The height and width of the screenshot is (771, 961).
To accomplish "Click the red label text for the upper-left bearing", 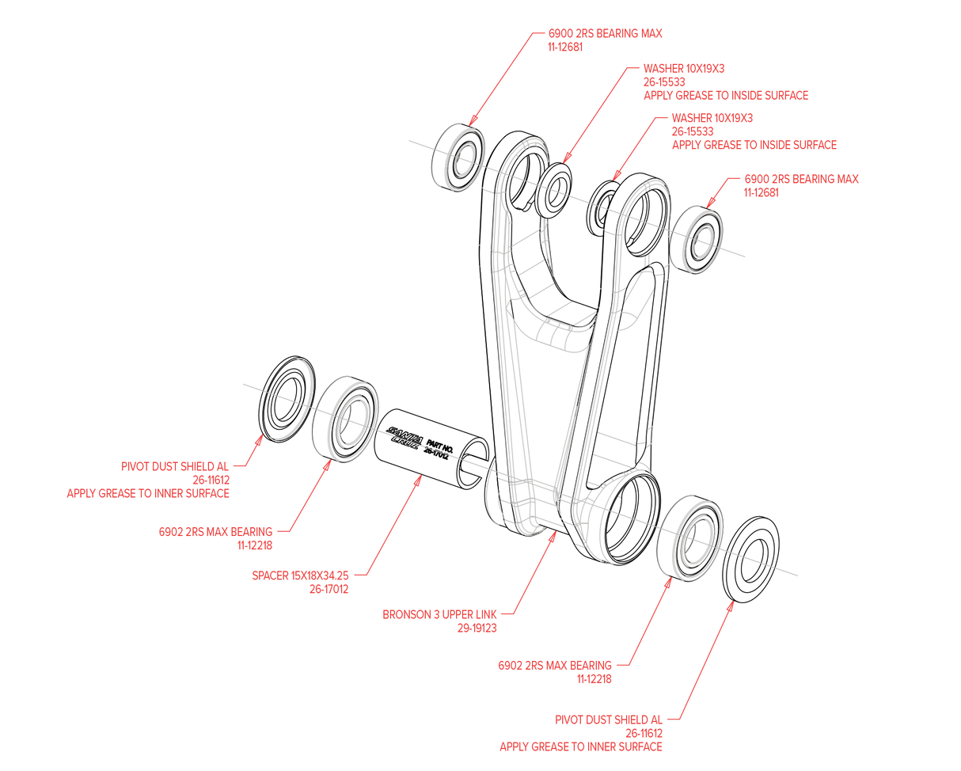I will (x=605, y=40).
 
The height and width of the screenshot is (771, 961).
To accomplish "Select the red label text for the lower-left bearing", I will (x=215, y=537).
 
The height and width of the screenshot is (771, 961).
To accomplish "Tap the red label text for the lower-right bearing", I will (x=555, y=672).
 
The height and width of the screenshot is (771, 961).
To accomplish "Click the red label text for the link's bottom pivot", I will (x=440, y=621).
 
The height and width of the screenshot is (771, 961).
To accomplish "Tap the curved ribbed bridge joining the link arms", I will (x=564, y=332).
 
